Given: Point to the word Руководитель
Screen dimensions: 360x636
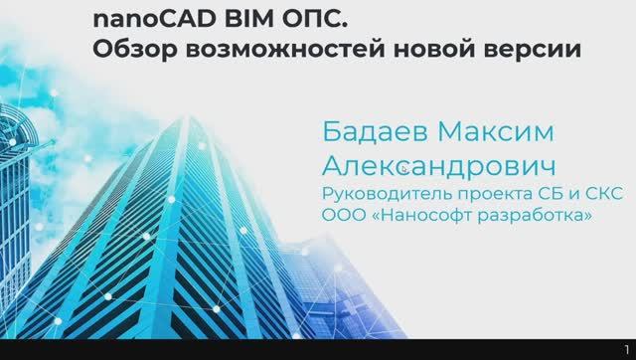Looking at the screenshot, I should [381, 193].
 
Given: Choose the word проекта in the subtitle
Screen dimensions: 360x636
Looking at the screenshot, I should [481, 194].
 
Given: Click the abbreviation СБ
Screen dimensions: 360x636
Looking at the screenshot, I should [536, 193].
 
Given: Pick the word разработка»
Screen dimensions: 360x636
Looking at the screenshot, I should [532, 215].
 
